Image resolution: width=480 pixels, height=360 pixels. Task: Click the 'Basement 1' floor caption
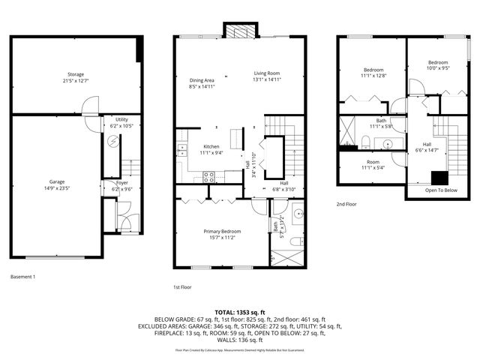click(22, 277)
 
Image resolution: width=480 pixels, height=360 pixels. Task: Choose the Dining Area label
click(202, 80)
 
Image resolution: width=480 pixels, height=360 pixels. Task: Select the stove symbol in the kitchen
click(209, 177)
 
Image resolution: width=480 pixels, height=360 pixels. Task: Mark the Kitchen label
click(211, 146)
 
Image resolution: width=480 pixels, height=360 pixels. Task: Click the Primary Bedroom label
click(222, 231)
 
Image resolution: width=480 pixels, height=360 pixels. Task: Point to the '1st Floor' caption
click(183, 286)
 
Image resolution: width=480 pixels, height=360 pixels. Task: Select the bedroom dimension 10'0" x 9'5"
click(438, 68)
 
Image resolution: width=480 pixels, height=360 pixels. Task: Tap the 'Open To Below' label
click(441, 190)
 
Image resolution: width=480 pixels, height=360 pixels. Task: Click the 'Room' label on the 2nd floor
click(373, 162)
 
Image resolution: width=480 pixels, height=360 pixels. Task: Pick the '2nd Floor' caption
click(346, 204)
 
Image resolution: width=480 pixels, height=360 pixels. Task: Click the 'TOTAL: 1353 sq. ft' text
click(240, 312)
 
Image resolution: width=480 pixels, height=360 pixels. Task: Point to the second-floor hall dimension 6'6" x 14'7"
click(427, 151)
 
